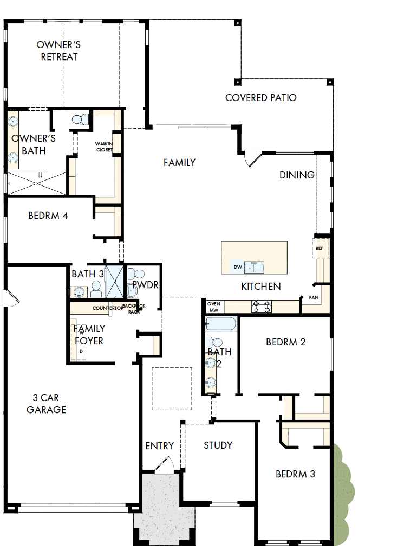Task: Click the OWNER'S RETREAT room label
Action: pyautogui.click(x=59, y=50)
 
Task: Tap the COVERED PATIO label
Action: pyautogui.click(x=260, y=98)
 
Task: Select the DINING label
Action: pyautogui.click(x=297, y=175)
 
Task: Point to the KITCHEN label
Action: pyautogui.click(x=260, y=286)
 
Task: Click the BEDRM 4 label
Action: pyautogui.click(x=48, y=216)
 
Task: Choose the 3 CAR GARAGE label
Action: pyautogui.click(x=47, y=404)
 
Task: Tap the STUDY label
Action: pyautogui.click(x=218, y=445)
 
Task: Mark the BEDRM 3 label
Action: pyautogui.click(x=295, y=474)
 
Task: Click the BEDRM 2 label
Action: pyautogui.click(x=285, y=342)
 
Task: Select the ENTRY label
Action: pyautogui.click(x=159, y=445)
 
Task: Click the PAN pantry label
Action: pyautogui.click(x=314, y=297)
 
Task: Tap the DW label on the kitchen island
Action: pyautogui.click(x=237, y=267)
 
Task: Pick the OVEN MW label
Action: pyautogui.click(x=213, y=307)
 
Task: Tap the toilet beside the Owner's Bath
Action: pyautogui.click(x=79, y=119)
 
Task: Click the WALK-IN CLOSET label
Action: pyautogui.click(x=104, y=146)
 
